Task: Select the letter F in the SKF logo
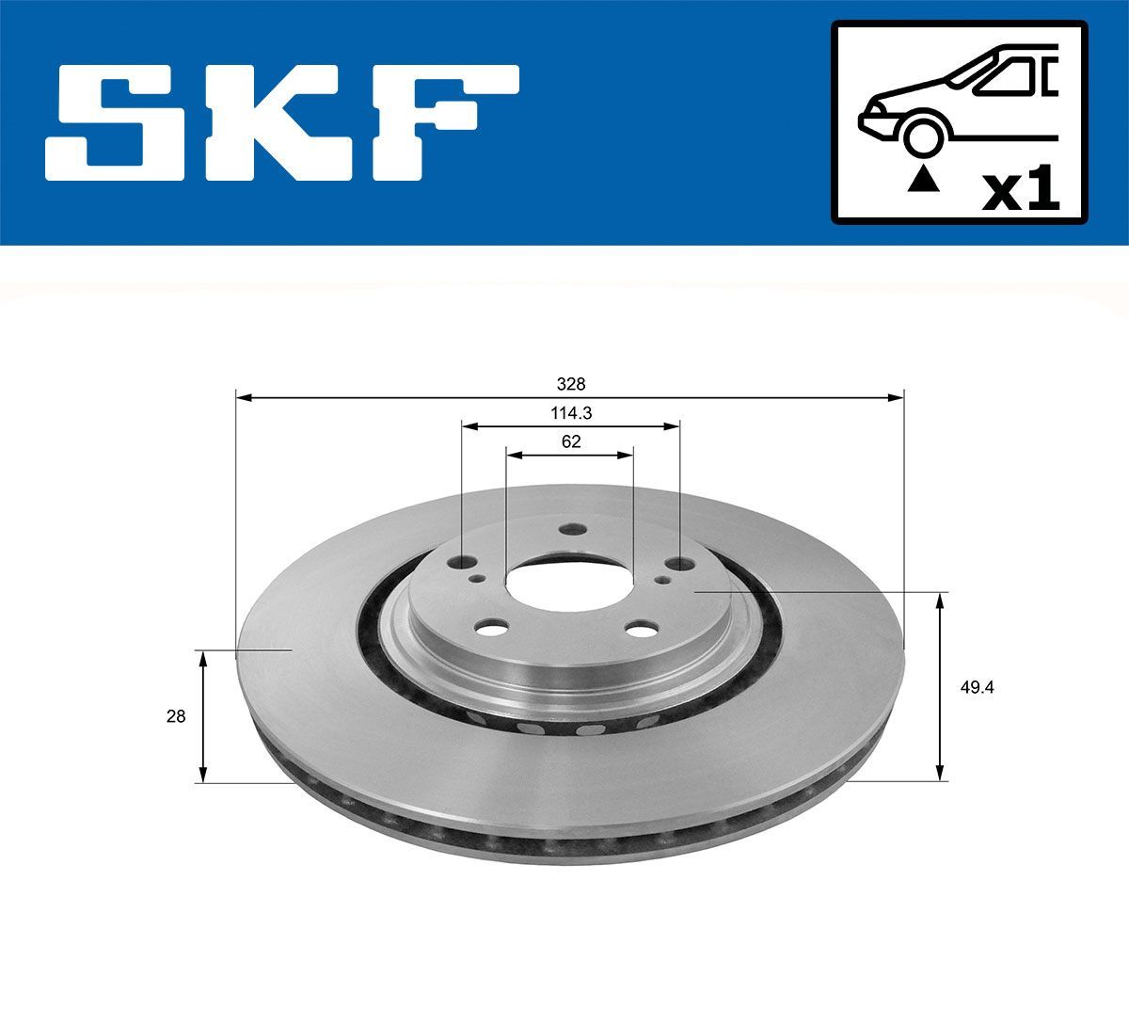click(452, 122)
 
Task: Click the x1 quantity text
click(1020, 190)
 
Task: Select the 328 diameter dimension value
click(570, 384)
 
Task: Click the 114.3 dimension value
click(570, 412)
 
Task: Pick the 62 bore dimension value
click(570, 440)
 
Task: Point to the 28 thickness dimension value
click(175, 716)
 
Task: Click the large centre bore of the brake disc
click(569, 584)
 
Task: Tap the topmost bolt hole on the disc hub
click(569, 530)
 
